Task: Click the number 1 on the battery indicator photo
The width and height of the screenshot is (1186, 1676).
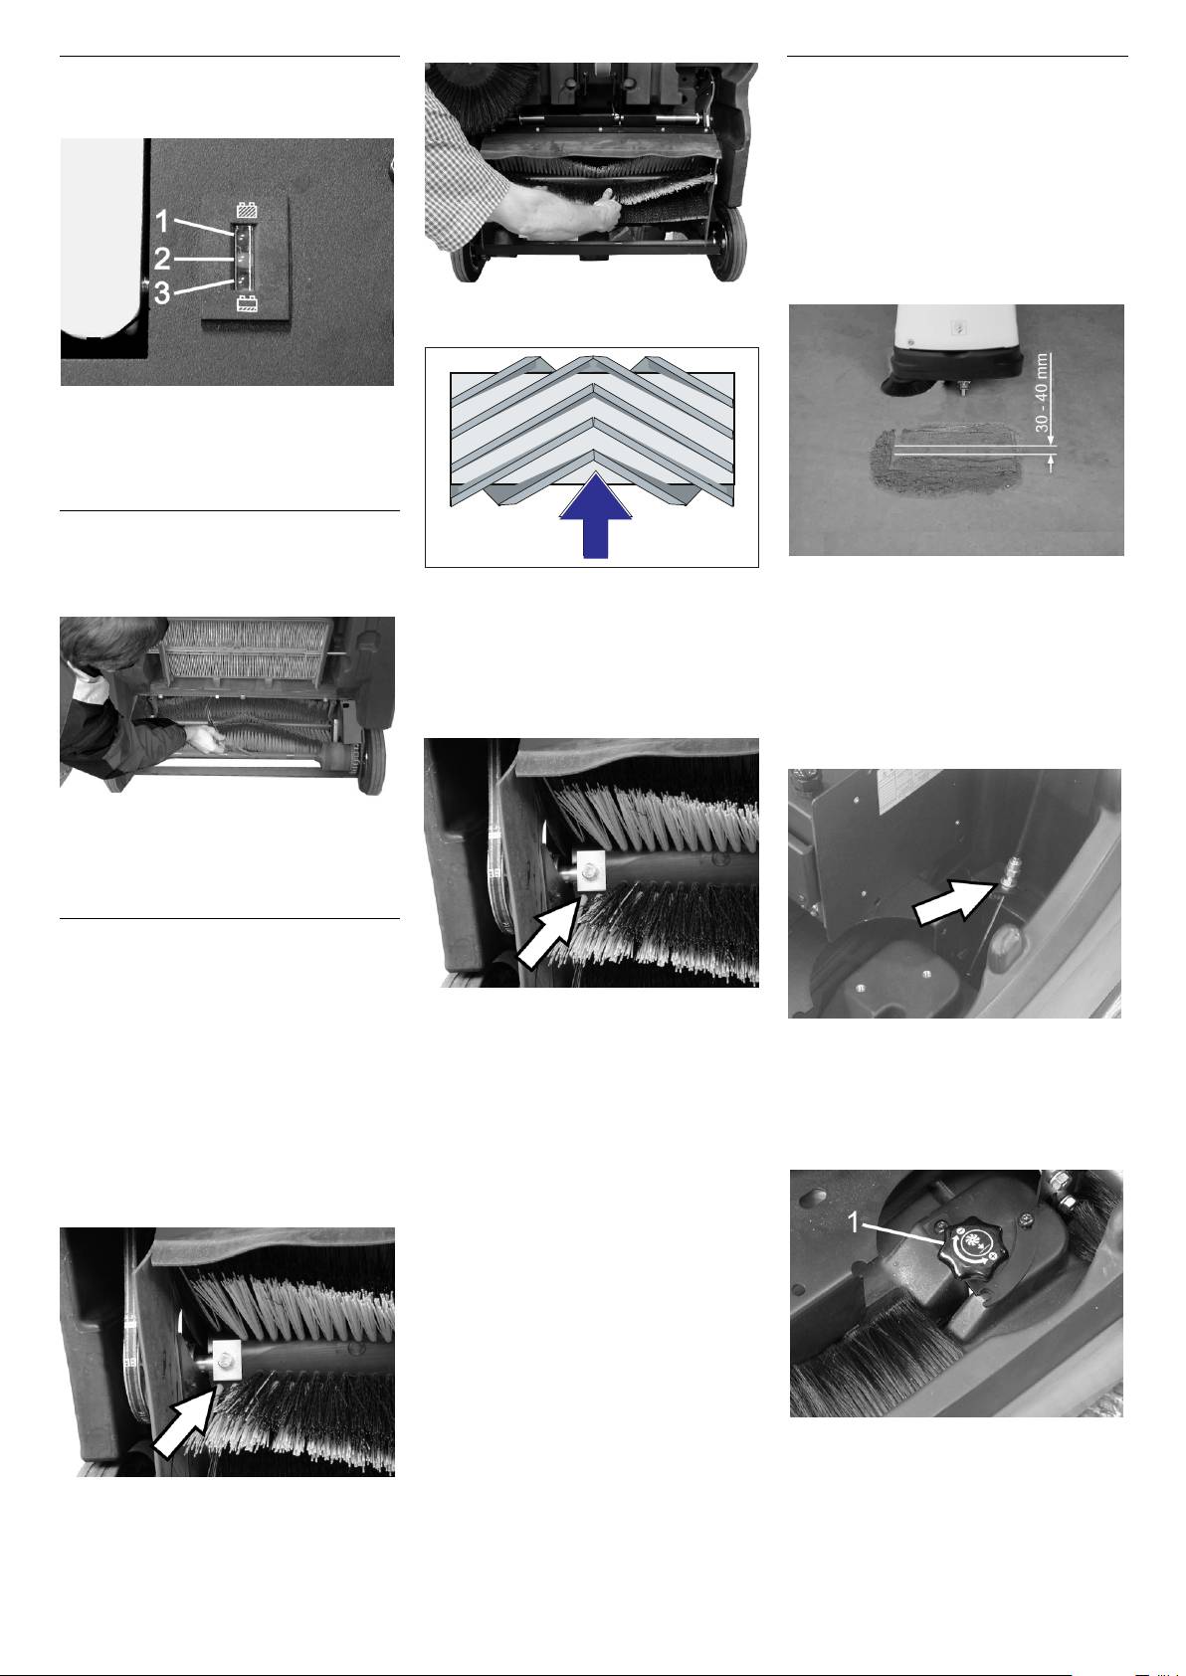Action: (162, 222)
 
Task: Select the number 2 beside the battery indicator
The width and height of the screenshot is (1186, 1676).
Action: (162, 259)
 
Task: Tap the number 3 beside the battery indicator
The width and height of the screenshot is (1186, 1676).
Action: (161, 292)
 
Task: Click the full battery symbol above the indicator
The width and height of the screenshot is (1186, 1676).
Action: (246, 211)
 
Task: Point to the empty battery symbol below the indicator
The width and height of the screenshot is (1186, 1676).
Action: (246, 303)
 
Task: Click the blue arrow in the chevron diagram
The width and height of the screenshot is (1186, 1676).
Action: (596, 515)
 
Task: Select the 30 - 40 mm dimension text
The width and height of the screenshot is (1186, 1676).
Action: (1041, 392)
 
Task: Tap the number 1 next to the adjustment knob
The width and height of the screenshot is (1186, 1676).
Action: (853, 1222)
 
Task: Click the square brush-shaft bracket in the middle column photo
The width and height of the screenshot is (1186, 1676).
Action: (590, 871)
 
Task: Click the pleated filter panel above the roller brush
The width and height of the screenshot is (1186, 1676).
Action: (246, 651)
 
